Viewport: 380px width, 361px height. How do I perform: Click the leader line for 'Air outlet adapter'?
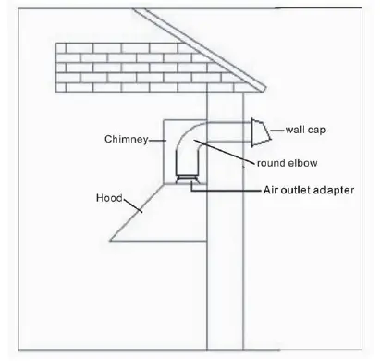[x=222, y=189]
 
